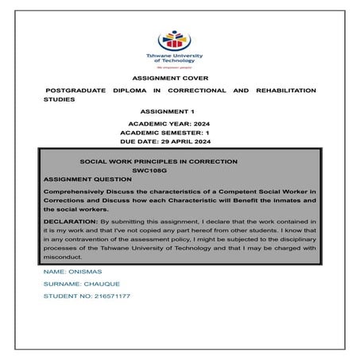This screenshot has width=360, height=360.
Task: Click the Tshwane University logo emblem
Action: [180, 39]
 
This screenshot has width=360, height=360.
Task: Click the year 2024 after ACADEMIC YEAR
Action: [206, 126]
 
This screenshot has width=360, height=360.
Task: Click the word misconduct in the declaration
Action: [67, 257]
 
